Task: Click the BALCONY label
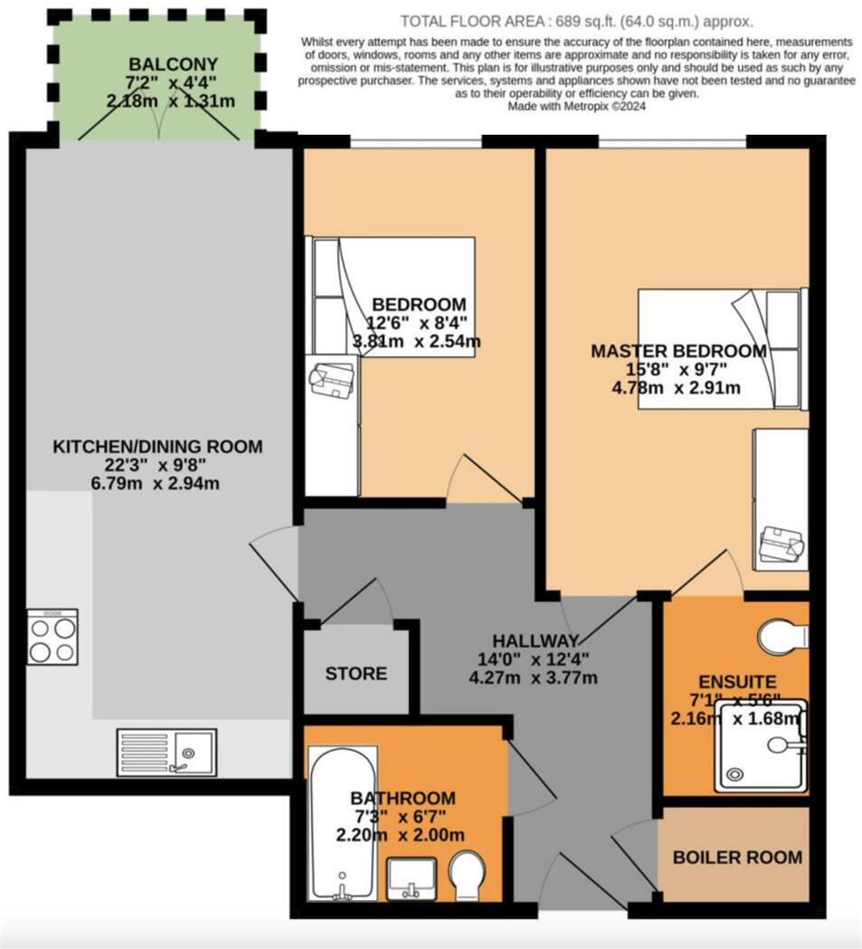[161, 64]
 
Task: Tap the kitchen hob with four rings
[52, 637]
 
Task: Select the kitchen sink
[166, 752]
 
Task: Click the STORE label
[356, 673]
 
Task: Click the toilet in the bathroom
[473, 875]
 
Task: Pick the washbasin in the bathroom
[412, 878]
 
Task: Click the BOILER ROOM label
[737, 857]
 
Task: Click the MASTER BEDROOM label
[677, 351]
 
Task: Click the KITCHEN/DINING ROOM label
[157, 446]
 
